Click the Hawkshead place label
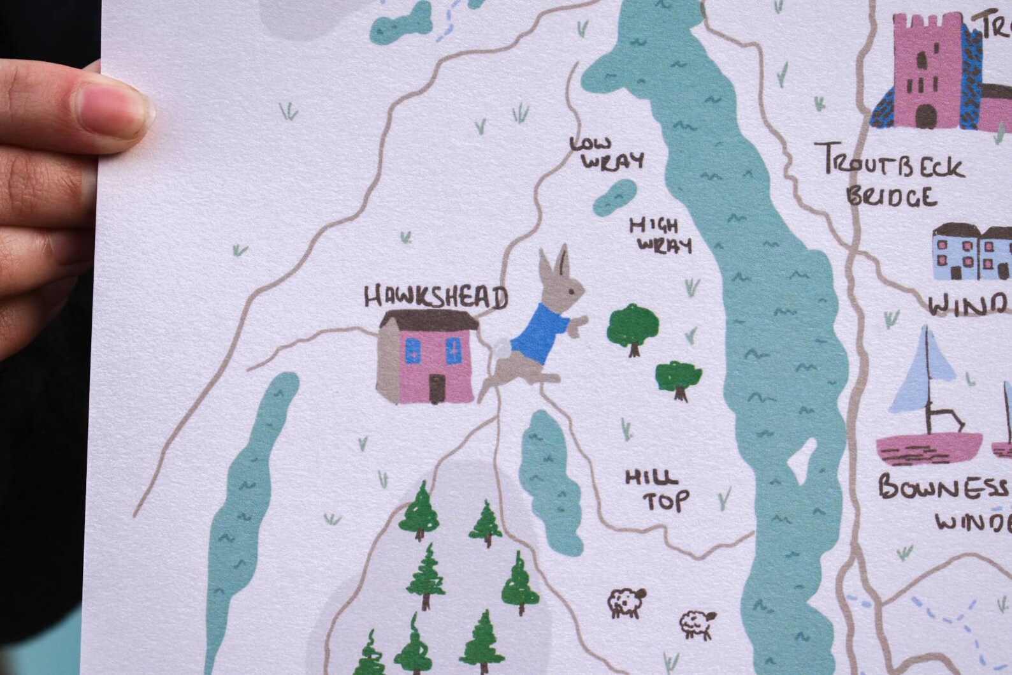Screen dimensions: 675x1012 click(x=436, y=297)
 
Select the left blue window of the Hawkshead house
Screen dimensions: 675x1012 click(x=413, y=350)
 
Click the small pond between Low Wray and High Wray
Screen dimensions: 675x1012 click(x=615, y=196)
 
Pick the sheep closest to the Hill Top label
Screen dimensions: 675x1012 click(x=626, y=601)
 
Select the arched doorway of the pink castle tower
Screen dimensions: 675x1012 click(x=927, y=115)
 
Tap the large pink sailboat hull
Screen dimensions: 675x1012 click(x=929, y=447)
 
